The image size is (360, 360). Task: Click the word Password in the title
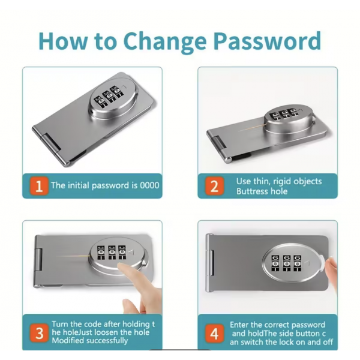[x=267, y=41]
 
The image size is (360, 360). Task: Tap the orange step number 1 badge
[x=39, y=186]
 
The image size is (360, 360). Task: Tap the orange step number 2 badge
[x=214, y=186]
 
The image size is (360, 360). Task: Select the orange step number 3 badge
[x=39, y=333]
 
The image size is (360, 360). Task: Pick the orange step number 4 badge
[x=214, y=333]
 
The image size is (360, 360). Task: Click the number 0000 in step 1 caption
[x=149, y=185]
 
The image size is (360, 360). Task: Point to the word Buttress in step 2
[x=251, y=191]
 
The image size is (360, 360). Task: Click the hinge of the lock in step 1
[x=49, y=147]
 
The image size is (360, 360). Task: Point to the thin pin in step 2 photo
[x=252, y=127]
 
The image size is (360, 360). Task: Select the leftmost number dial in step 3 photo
[x=101, y=253]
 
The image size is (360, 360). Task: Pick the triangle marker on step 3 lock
[x=131, y=253]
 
